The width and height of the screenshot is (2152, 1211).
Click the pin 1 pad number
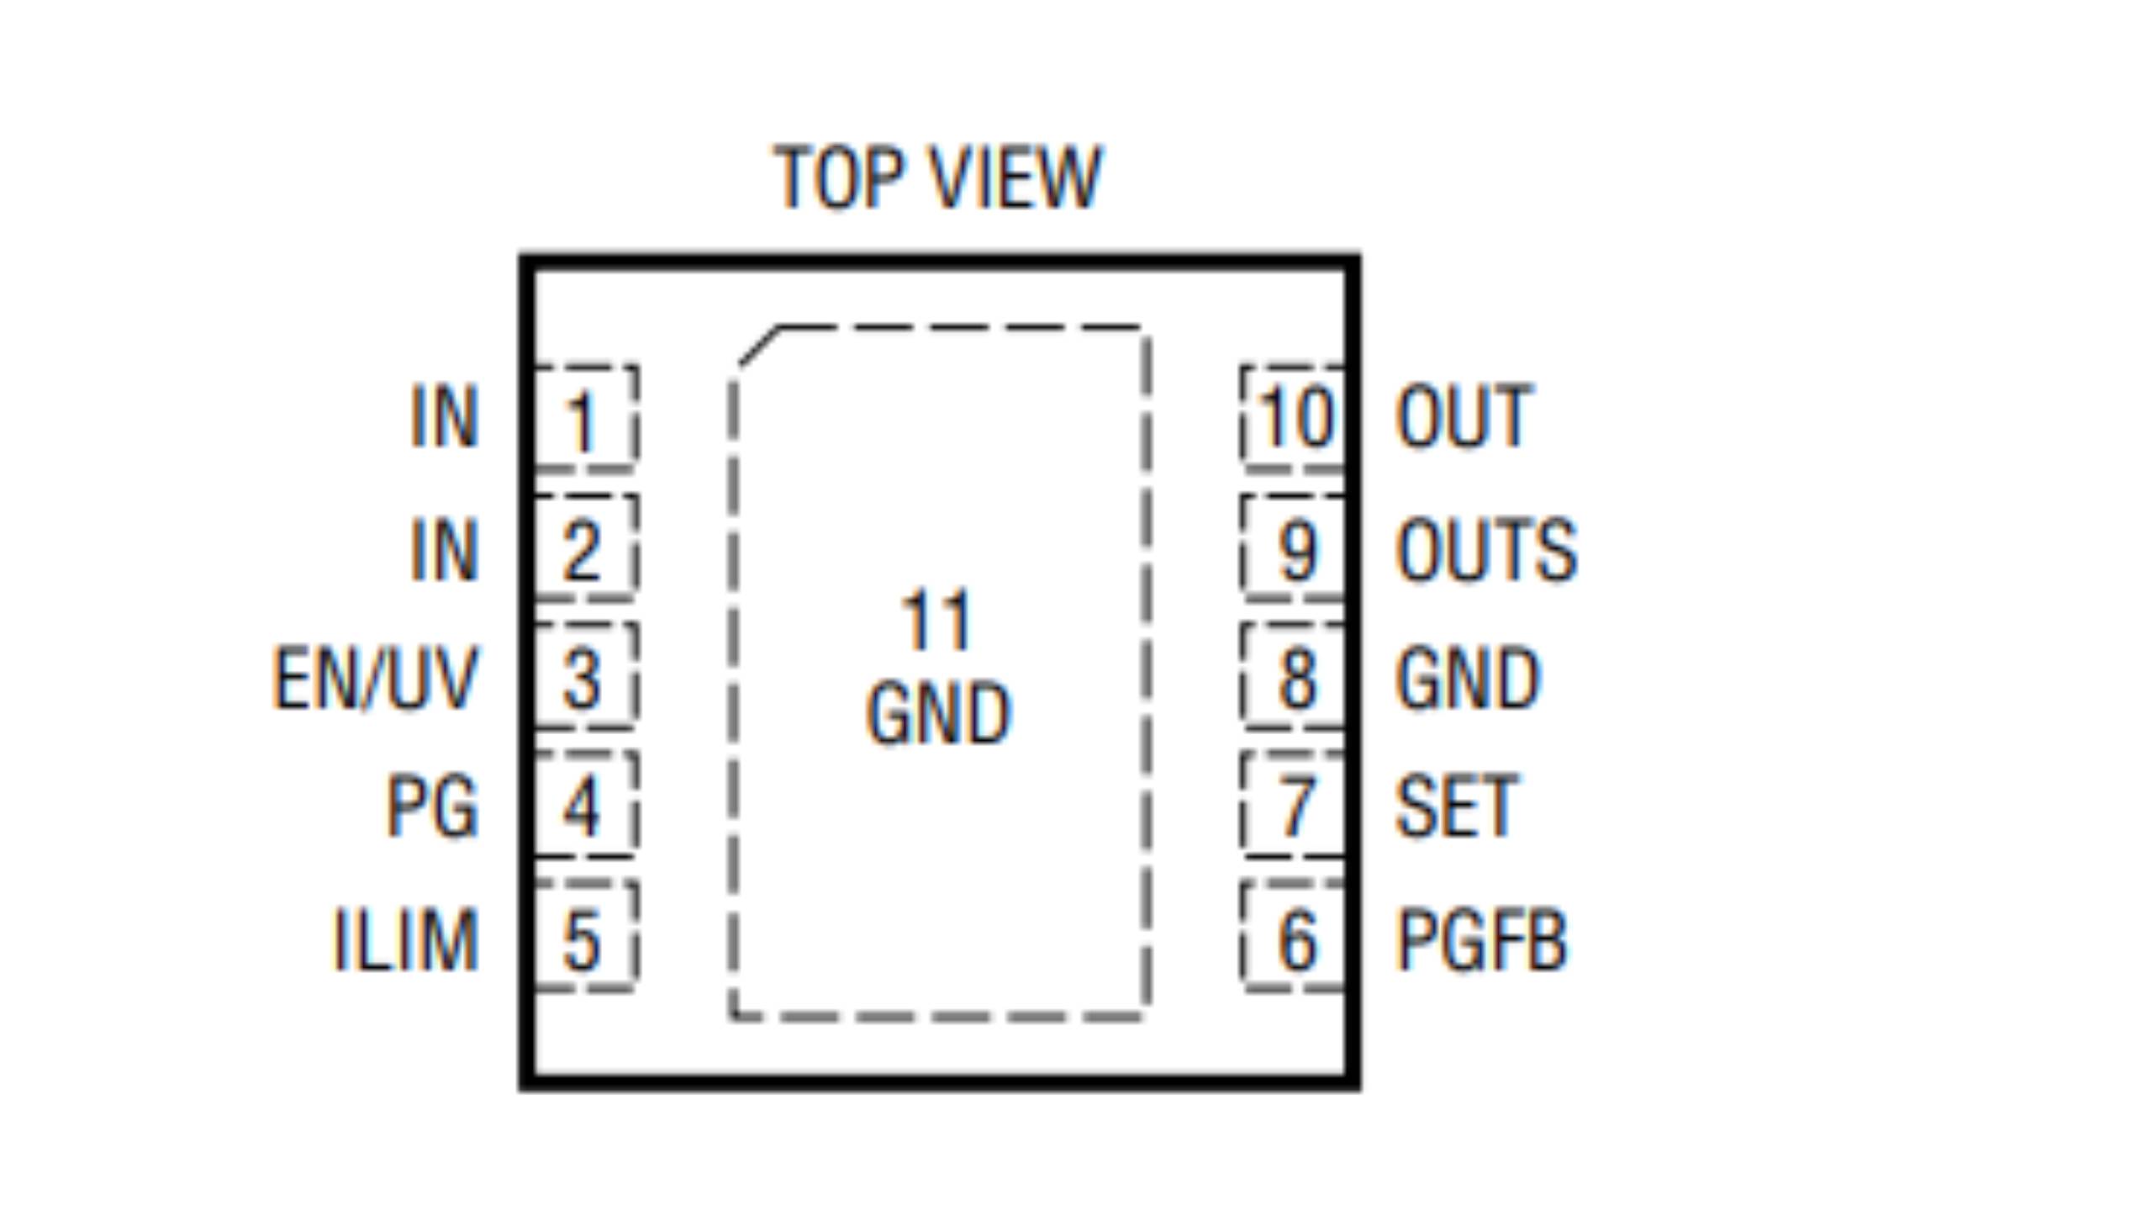point(582,420)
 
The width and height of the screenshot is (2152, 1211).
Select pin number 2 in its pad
point(582,550)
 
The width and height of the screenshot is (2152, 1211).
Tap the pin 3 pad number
point(582,678)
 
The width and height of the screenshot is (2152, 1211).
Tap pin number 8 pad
point(1297,678)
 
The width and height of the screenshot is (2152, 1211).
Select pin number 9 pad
point(1297,550)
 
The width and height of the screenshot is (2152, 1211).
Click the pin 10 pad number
point(1297,417)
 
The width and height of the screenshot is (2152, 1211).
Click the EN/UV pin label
point(376,678)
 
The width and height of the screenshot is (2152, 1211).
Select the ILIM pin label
point(406,940)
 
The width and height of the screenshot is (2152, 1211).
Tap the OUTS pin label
point(1485,550)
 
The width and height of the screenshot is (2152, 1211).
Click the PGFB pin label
point(1481,940)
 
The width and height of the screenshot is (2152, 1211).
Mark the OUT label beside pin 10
point(1464,417)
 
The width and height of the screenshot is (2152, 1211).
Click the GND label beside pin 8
point(1467,678)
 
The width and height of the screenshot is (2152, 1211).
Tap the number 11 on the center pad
point(936,621)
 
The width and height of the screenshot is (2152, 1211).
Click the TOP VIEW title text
point(936,177)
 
